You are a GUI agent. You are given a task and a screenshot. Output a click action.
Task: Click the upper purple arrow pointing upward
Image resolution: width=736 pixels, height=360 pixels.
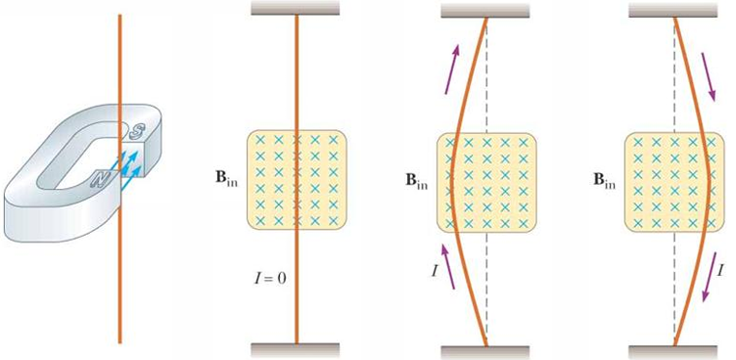453,69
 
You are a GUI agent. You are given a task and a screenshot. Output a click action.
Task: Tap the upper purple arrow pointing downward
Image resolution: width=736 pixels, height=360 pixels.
708,77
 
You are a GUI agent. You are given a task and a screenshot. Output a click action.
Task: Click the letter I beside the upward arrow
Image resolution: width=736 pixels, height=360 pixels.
436,271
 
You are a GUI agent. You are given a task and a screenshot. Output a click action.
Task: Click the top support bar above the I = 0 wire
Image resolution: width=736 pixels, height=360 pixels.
295,8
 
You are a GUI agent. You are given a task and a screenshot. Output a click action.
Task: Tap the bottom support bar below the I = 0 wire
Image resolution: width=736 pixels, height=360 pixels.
295,350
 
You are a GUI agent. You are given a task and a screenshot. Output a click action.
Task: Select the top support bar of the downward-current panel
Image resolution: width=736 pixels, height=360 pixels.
673,10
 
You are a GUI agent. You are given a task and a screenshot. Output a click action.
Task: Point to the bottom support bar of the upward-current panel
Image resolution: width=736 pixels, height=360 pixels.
484,353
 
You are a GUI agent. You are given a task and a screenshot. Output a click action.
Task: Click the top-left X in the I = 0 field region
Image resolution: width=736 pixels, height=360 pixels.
259,140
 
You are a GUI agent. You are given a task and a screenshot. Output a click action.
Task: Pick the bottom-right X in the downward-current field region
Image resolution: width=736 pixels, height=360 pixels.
712,222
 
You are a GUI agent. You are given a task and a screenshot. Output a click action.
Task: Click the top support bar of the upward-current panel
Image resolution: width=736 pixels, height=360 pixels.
484,10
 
